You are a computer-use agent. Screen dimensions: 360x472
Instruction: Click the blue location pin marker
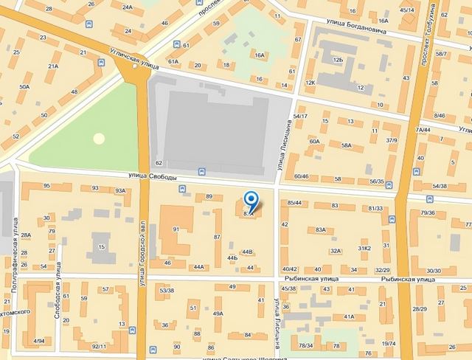[x=251, y=201]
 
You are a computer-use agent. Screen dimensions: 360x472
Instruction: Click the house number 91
[x=176, y=229]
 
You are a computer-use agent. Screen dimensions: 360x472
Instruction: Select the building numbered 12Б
[x=338, y=59]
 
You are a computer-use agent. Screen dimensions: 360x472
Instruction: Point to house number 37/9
[x=392, y=140]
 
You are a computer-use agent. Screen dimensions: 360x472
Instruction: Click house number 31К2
[x=364, y=248]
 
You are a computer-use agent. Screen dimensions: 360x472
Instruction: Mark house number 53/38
[x=166, y=291]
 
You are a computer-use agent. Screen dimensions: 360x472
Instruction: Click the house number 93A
[x=121, y=191]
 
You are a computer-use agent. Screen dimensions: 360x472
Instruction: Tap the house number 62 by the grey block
[x=158, y=162]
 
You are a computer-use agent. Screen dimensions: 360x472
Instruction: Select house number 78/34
[x=305, y=345]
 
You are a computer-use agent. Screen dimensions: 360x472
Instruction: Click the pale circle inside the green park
[x=99, y=138]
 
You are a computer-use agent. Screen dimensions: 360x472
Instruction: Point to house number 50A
[x=24, y=87]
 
